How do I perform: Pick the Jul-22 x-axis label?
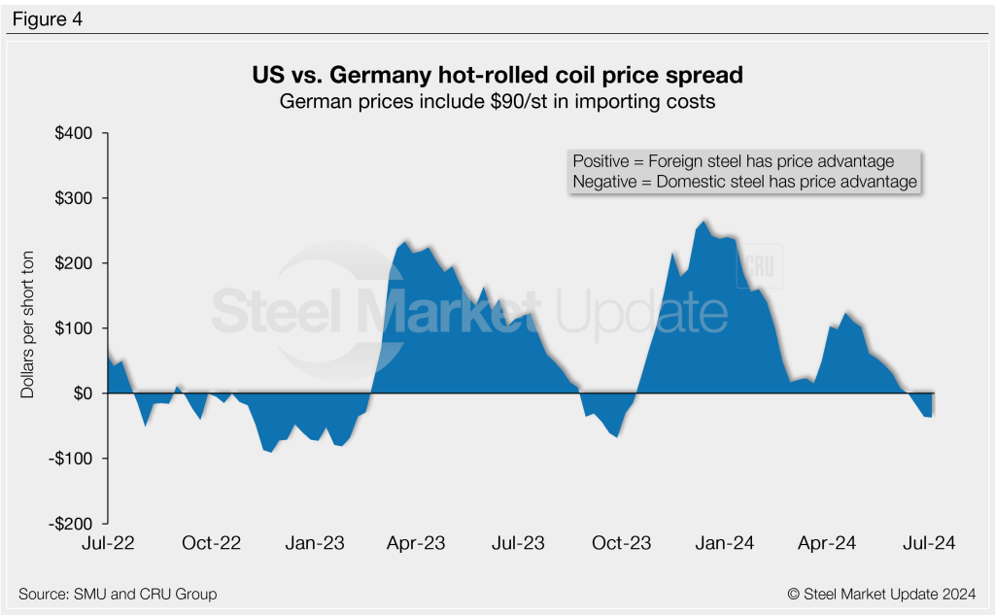click(x=108, y=544)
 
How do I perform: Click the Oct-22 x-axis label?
click(x=211, y=544)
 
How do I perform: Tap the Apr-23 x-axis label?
click(x=416, y=544)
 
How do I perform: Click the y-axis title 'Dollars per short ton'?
click(x=27, y=328)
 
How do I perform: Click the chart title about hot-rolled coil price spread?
click(x=497, y=75)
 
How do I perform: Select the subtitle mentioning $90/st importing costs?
click(x=497, y=101)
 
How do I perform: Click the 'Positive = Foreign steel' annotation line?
click(x=733, y=161)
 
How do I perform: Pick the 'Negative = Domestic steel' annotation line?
click(x=744, y=182)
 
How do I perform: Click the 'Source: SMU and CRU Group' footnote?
click(x=118, y=594)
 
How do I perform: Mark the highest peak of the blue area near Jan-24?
click(x=704, y=221)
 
